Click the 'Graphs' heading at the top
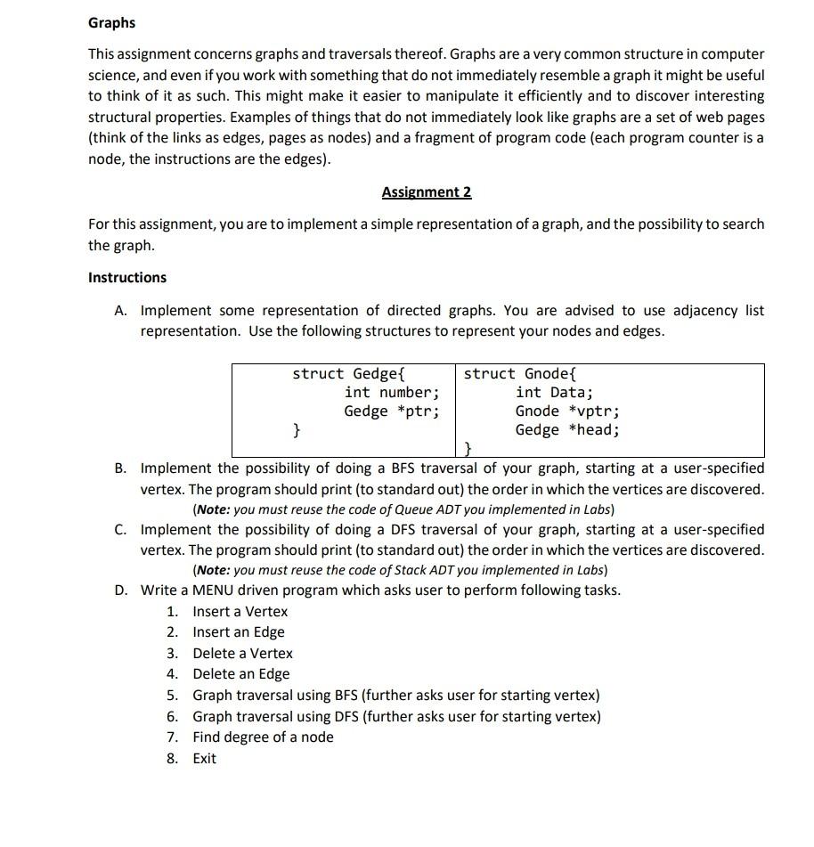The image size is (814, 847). click(x=111, y=21)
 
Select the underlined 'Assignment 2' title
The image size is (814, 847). click(x=426, y=191)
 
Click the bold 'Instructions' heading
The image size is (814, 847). click(x=126, y=277)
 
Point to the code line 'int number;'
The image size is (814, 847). click(x=391, y=393)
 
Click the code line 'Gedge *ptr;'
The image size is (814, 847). click(x=391, y=411)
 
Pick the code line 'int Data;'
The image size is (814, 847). click(x=553, y=393)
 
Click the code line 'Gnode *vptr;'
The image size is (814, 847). click(x=566, y=411)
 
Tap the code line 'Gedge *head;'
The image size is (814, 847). click(x=566, y=430)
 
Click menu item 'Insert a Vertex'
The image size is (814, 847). click(x=240, y=611)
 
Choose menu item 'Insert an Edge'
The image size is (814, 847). click(x=238, y=632)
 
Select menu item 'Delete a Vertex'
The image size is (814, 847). click(x=242, y=653)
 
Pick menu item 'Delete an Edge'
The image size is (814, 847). click(x=240, y=674)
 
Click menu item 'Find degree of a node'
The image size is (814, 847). click(x=263, y=737)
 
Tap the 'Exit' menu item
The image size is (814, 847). click(x=204, y=758)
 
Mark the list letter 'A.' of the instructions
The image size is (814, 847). click(x=121, y=310)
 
